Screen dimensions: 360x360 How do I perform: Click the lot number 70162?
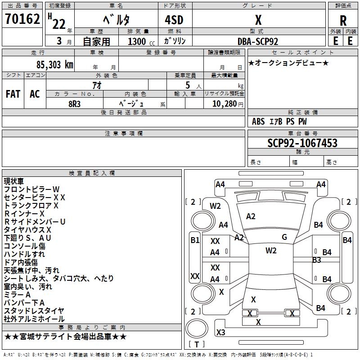tap(22, 19)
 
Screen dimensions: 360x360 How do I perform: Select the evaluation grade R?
tap(343, 21)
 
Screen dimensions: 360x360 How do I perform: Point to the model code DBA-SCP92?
tap(258, 41)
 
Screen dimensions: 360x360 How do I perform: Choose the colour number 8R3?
tap(75, 103)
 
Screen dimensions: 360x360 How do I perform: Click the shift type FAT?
tap(13, 94)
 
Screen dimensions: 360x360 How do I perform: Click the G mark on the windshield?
tap(284, 237)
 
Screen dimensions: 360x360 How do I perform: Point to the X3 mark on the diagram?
tap(220, 333)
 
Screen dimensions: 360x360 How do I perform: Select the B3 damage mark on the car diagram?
tap(316, 260)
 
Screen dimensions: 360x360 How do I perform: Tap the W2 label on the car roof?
tap(270, 251)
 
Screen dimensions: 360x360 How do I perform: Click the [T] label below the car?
tap(196, 345)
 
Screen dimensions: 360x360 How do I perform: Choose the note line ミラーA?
tap(17, 295)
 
